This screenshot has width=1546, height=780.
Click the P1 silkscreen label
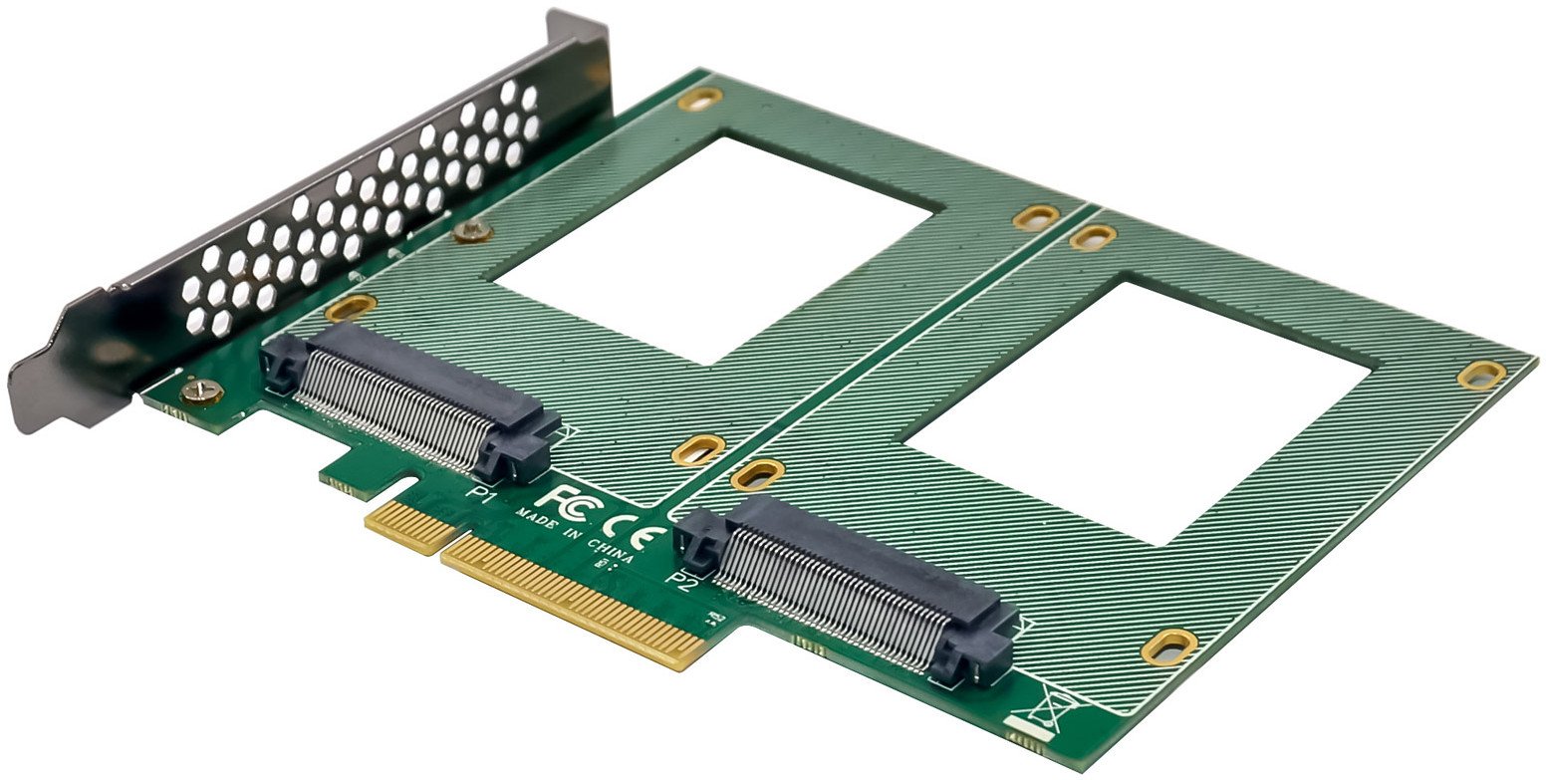point(480,493)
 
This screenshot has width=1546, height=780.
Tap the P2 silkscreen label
point(682,579)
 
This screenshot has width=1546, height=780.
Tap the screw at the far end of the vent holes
point(472,231)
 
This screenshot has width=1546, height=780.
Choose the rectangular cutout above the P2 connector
point(1136,408)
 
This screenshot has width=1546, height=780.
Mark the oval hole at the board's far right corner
point(1481,374)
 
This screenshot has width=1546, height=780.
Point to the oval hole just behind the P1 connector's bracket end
point(351,307)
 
